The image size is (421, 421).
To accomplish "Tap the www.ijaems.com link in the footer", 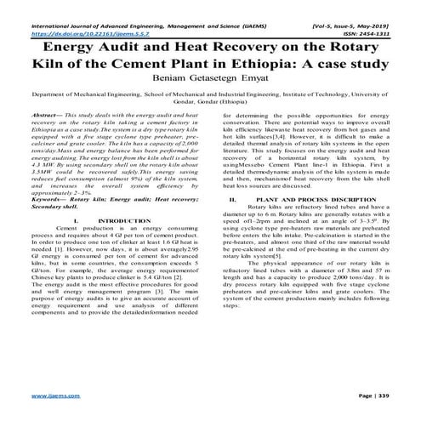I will point(49,396).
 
